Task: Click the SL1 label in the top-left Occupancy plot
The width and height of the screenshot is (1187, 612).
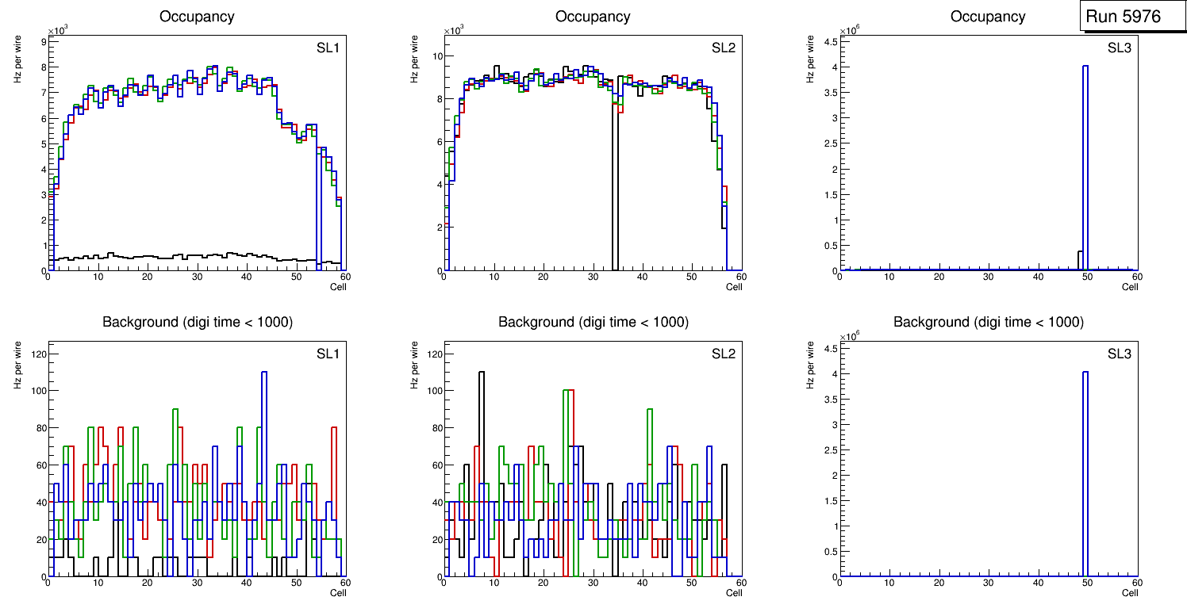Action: pos(328,48)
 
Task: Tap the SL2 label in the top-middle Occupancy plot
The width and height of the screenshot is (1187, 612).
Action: pos(724,48)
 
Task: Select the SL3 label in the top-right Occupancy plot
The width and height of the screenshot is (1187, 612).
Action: pos(1119,48)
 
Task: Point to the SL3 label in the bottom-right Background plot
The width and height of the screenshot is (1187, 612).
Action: pos(1119,354)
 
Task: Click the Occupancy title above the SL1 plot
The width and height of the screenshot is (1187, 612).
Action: pos(197,17)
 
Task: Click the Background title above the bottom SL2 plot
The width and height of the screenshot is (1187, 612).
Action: pos(593,322)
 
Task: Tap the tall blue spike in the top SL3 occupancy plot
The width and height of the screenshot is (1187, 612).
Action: pos(1085,159)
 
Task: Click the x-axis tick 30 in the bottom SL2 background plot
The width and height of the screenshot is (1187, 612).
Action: pos(592,583)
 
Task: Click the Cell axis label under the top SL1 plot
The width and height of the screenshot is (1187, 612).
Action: pos(338,286)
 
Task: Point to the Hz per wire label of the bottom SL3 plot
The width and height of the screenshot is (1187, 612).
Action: pos(809,365)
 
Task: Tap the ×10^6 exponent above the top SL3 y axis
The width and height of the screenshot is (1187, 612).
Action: pos(848,30)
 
